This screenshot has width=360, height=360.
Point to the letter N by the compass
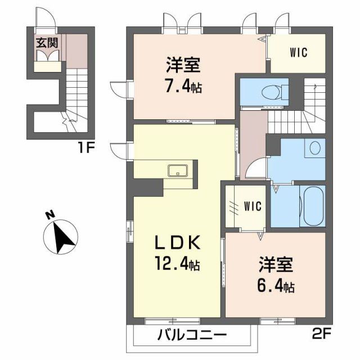click(x=50, y=214)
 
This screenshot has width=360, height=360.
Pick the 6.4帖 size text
click(x=276, y=286)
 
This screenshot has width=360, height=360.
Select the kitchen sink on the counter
click(x=179, y=170)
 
